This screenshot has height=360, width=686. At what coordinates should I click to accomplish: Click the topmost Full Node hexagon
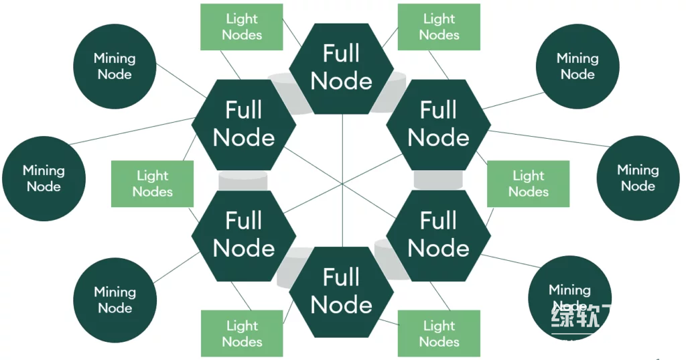[x=342, y=68]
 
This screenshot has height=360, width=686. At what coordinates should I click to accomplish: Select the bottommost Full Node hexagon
[x=342, y=292]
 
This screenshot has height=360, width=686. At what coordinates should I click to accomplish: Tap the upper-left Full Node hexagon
[x=244, y=125]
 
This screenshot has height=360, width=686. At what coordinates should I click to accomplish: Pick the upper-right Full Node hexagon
[x=439, y=125]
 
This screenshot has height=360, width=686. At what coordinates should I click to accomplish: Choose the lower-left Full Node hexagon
[x=244, y=235]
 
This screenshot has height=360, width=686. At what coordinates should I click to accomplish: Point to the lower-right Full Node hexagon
[x=439, y=235]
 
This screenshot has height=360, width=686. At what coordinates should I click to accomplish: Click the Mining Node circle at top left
[x=115, y=66]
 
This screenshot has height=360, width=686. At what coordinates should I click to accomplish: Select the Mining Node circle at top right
[x=577, y=66]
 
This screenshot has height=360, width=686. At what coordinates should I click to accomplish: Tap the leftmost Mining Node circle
[x=44, y=178]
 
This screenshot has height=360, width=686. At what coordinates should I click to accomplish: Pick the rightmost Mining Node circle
[x=638, y=178]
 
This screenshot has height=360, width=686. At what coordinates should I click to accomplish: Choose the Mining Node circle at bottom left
[x=115, y=300]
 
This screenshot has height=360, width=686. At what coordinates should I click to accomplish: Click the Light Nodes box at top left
[x=242, y=27]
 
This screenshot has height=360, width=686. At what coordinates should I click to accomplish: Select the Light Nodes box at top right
[x=439, y=27]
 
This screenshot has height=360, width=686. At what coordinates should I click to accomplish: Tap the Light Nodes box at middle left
[x=153, y=184]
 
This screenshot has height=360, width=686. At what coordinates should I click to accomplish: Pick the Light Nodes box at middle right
[x=529, y=184]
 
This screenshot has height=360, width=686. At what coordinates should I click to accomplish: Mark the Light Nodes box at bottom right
[x=439, y=333]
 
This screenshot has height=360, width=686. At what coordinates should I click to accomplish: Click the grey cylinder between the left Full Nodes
[x=243, y=180]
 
